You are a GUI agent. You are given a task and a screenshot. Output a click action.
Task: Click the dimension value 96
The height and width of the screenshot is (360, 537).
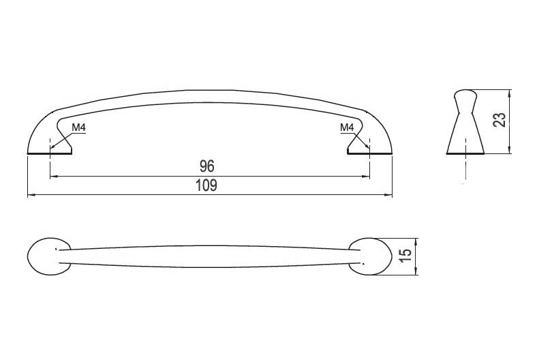207,166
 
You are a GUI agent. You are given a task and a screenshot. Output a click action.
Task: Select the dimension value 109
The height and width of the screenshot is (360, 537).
206,185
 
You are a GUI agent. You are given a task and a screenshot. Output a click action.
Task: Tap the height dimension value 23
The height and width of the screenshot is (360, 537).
500,120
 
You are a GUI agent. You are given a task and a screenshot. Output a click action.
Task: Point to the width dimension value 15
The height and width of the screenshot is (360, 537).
405,256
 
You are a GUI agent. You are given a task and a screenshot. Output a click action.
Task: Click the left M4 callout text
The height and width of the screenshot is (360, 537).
79,127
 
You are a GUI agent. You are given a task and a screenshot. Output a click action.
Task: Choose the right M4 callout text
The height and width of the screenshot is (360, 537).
347,127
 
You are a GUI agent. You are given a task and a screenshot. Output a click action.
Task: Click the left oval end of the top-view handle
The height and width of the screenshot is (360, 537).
48,256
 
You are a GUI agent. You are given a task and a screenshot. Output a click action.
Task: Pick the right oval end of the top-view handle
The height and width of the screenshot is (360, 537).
371,256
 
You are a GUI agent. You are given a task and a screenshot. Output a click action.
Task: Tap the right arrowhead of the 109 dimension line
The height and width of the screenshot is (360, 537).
388,195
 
